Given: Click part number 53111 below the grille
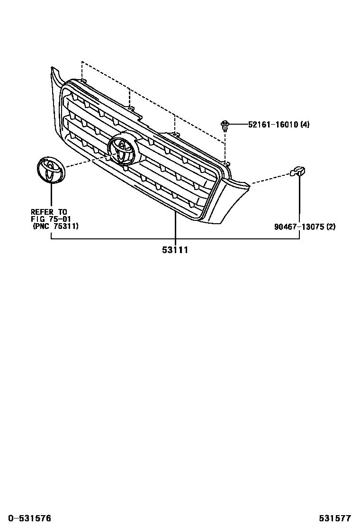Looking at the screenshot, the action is [175, 250].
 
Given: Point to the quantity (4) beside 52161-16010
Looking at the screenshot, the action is [305, 125].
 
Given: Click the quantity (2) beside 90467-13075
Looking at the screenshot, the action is [330, 227].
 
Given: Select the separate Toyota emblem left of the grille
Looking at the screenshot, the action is [50, 170].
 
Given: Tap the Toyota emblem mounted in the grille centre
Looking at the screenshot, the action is [122, 148].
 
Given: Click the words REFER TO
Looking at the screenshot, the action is [49, 212].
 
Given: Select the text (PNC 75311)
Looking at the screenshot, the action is [55, 227].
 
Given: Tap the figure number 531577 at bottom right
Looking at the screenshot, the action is [334, 518].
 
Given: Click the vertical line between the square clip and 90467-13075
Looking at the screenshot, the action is [299, 199].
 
